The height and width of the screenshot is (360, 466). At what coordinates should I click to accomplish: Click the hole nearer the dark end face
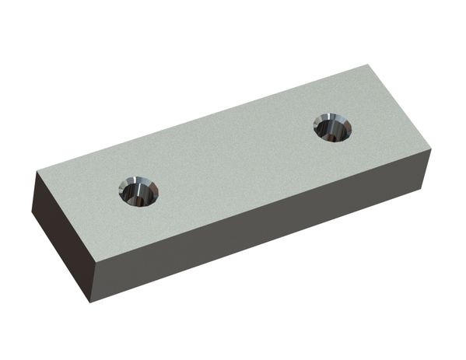point(138,190)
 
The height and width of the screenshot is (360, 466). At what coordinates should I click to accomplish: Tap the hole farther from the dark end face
point(332,126)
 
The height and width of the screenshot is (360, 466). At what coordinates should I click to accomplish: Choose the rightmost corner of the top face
point(430,148)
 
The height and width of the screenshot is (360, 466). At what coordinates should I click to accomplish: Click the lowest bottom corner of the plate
point(90,302)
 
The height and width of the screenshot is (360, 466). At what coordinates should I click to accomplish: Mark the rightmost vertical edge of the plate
point(429,167)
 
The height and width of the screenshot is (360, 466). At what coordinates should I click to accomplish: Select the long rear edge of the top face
point(198,119)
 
